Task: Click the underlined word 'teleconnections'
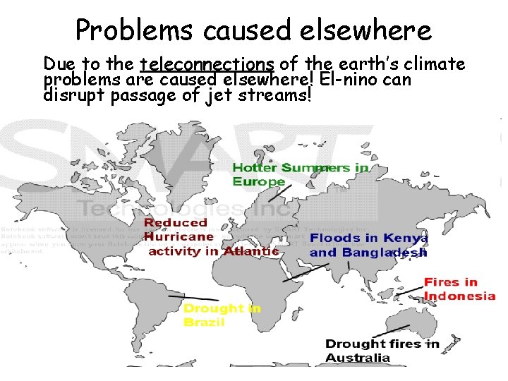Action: pyautogui.click(x=207, y=65)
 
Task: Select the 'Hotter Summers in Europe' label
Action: pyautogui.click(x=300, y=174)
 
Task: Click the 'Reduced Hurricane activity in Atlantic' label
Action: pyautogui.click(x=212, y=236)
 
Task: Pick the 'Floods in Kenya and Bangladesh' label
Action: pyautogui.click(x=368, y=245)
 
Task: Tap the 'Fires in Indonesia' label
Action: pyautogui.click(x=459, y=289)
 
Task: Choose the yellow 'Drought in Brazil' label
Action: pyautogui.click(x=222, y=315)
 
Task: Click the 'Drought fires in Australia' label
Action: pyautogui.click(x=382, y=351)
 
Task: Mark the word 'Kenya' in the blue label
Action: pyautogui.click(x=403, y=238)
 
